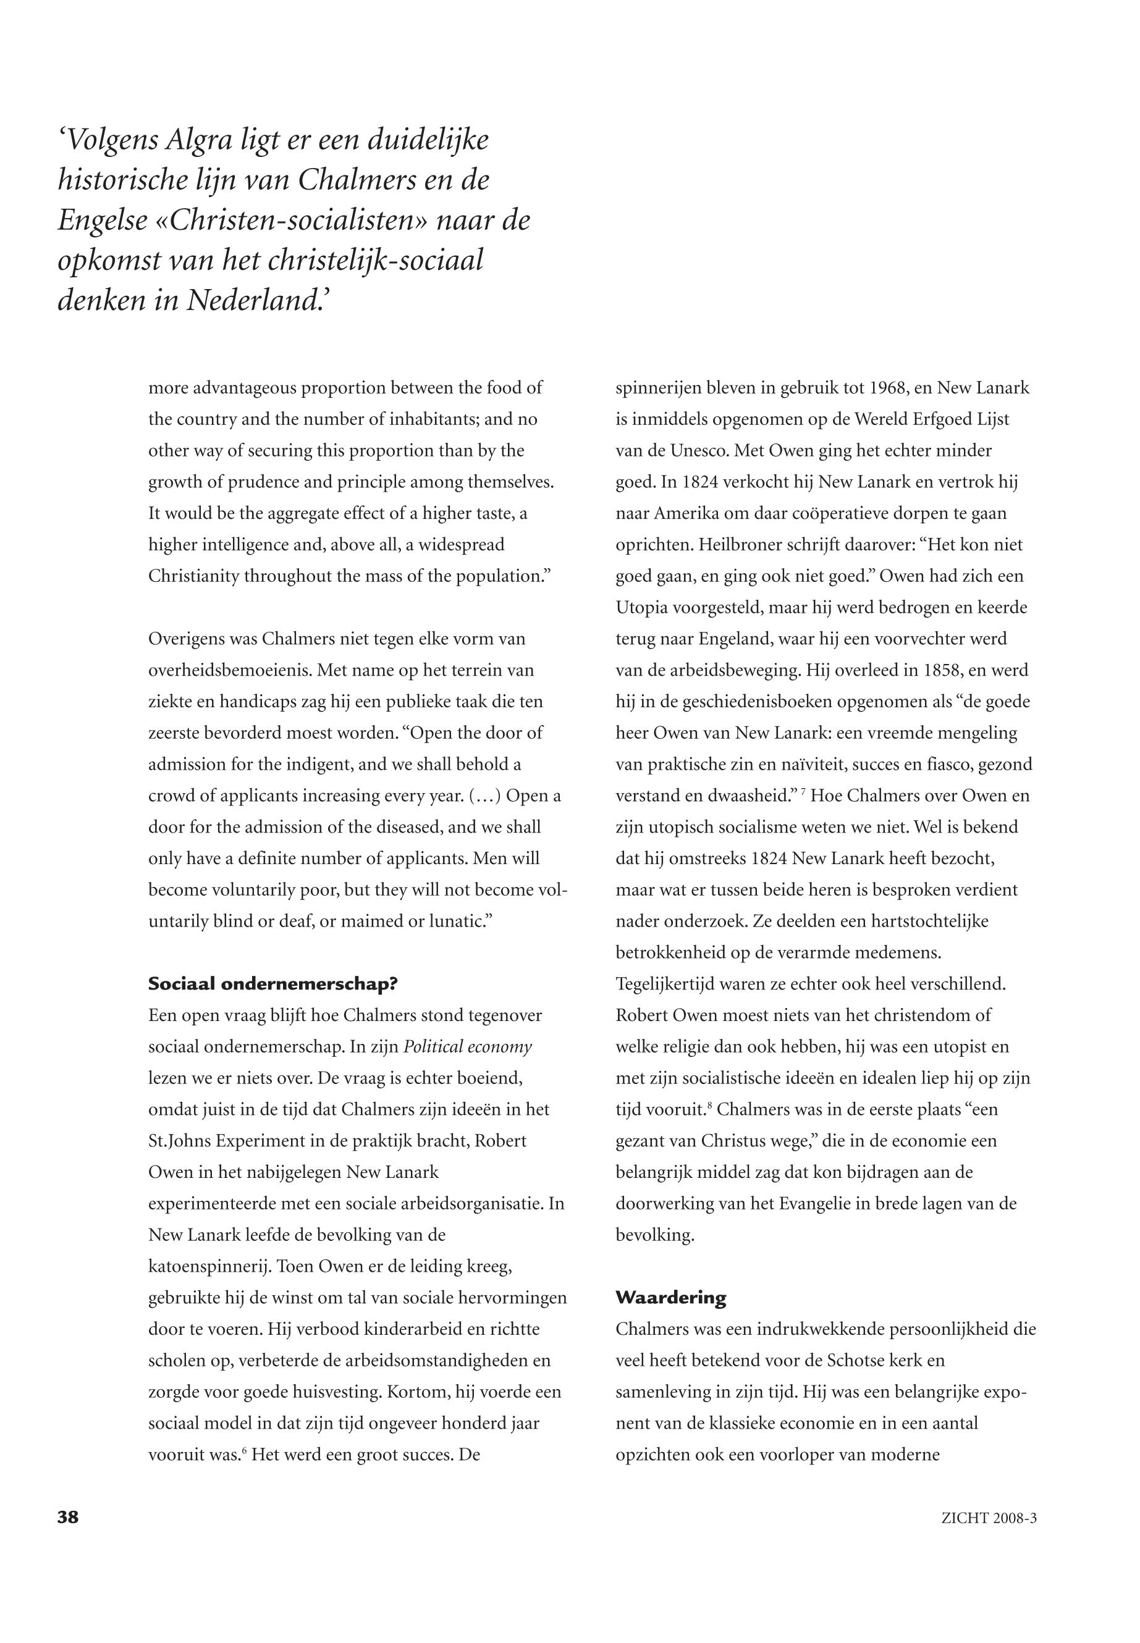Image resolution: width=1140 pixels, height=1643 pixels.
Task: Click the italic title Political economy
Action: [468, 1047]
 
